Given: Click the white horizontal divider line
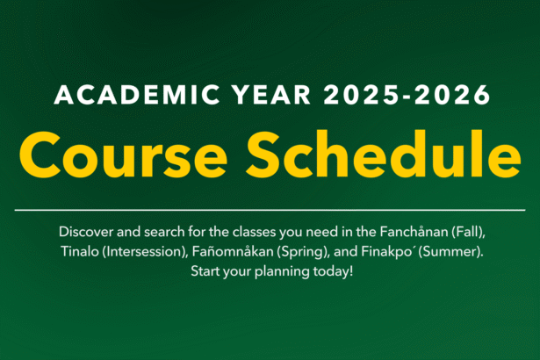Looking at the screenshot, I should pyautogui.click(x=270, y=211).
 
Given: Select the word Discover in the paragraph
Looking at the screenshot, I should pyautogui.click(x=88, y=232).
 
